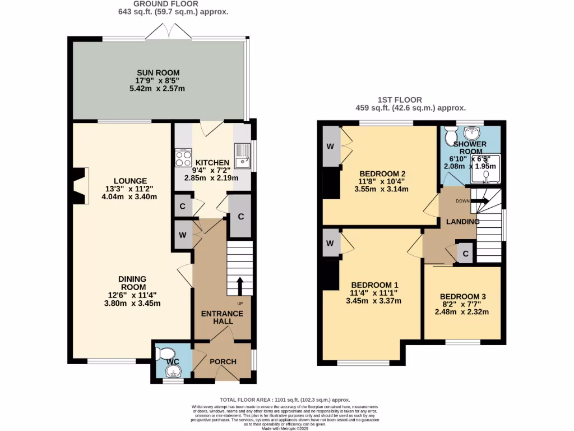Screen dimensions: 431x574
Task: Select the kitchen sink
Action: (243, 157)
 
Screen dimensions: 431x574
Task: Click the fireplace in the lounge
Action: (80, 186)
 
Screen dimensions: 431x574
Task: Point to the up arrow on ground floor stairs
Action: (240, 285)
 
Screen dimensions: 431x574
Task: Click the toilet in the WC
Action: (166, 354)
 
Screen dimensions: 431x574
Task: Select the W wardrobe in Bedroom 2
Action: (330, 148)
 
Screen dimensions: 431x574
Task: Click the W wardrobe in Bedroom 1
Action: (330, 244)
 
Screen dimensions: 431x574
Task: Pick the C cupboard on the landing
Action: (466, 254)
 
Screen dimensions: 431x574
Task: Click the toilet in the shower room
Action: (450, 135)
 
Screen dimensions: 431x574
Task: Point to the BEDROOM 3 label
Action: (462, 297)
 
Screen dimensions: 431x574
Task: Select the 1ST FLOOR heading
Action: (411, 100)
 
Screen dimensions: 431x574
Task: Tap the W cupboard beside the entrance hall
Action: (183, 235)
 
